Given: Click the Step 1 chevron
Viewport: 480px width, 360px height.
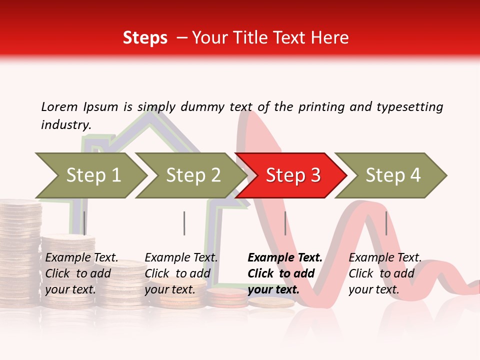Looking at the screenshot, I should (93, 175).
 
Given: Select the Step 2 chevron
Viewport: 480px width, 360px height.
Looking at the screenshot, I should (193, 175).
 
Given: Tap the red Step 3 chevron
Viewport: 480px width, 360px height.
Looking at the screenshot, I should (292, 175).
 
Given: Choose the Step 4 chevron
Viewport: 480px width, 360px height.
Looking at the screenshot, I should (392, 175).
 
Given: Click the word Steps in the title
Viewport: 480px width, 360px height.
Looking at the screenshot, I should (145, 37).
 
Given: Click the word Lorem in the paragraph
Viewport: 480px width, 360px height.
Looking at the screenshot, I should (59, 106).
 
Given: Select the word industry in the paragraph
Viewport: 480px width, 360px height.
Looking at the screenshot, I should (66, 124).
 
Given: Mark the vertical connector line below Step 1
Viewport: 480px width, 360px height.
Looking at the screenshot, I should (84, 223).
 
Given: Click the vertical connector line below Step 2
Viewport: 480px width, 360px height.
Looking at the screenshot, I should (184, 223).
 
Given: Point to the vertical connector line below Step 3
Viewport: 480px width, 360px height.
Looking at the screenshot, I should (285, 223).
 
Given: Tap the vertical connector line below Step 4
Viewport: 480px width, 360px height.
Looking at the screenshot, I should (386, 223).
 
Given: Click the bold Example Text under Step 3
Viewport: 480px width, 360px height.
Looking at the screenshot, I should (285, 257).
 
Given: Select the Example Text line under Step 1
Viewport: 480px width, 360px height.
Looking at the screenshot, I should (82, 257).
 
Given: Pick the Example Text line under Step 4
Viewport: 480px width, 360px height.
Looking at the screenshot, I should (385, 257).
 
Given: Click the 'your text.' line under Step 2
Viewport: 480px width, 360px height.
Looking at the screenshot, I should (170, 289).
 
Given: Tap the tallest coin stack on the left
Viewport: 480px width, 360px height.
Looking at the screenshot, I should (19, 250).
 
